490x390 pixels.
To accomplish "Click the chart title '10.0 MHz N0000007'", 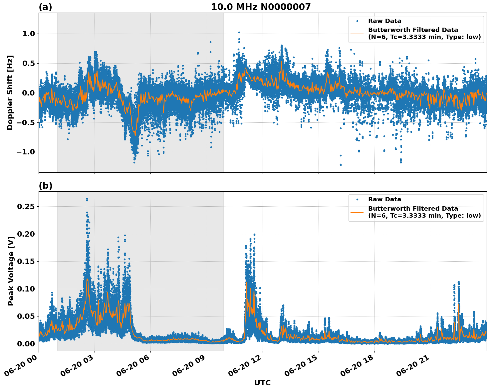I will pyautogui.click(x=261, y=7).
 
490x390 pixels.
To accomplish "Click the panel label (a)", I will pyautogui.click(x=45, y=7).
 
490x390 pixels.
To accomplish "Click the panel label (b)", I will pyautogui.click(x=45, y=186).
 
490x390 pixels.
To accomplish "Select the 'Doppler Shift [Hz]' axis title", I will pyautogui.click(x=10, y=93).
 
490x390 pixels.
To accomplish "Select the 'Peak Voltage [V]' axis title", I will pyautogui.click(x=11, y=278).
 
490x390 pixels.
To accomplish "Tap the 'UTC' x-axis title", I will pyautogui.click(x=262, y=383).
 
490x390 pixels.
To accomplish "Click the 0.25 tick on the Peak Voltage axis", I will pyautogui.click(x=26, y=206).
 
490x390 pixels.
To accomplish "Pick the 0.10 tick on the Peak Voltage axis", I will pyautogui.click(x=26, y=289).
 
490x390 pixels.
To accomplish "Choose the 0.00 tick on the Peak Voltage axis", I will pyautogui.click(x=26, y=343).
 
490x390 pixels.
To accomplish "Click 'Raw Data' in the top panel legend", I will pyautogui.click(x=384, y=21).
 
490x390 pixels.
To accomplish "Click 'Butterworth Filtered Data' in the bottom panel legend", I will pyautogui.click(x=413, y=209).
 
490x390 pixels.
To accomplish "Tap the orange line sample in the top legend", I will pyautogui.click(x=357, y=33).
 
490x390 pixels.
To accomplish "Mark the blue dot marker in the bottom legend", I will pyautogui.click(x=357, y=200).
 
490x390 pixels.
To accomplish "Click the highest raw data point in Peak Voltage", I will pyautogui.click(x=87, y=199).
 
